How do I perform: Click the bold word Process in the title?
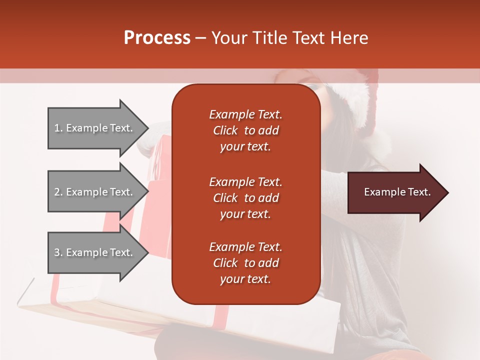pyautogui.click(x=157, y=38)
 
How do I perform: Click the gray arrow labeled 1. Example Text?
pyautogui.click(x=95, y=128)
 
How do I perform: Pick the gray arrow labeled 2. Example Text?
pyautogui.click(x=95, y=192)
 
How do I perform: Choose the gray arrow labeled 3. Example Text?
pyautogui.click(x=95, y=252)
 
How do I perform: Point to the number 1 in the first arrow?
pyautogui.click(x=57, y=128)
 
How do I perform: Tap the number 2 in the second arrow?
pyautogui.click(x=57, y=192)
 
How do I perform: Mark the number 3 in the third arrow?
pyautogui.click(x=57, y=252)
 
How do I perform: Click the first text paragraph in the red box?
pyautogui.click(x=245, y=130)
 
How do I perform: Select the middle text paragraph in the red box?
pyautogui.click(x=245, y=198)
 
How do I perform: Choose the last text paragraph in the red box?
pyautogui.click(x=245, y=263)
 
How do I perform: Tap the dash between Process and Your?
pyautogui.click(x=201, y=38)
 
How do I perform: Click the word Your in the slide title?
pyautogui.click(x=230, y=38)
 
